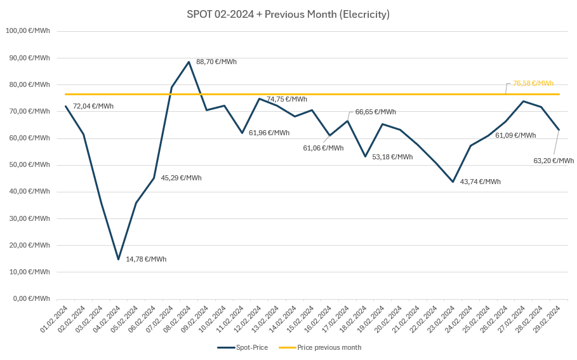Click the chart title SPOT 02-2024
288,14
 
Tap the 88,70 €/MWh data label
216,62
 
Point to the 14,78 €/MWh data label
146,259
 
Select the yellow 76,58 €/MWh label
533,83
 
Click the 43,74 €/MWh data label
480,182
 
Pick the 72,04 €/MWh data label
93,106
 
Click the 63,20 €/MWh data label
554,161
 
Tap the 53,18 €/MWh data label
392,157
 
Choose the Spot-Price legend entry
243,347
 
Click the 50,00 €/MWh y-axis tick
29,164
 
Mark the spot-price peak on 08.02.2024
189,62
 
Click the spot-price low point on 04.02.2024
118,259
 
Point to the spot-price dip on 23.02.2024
453,182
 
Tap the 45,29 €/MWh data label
181,178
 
